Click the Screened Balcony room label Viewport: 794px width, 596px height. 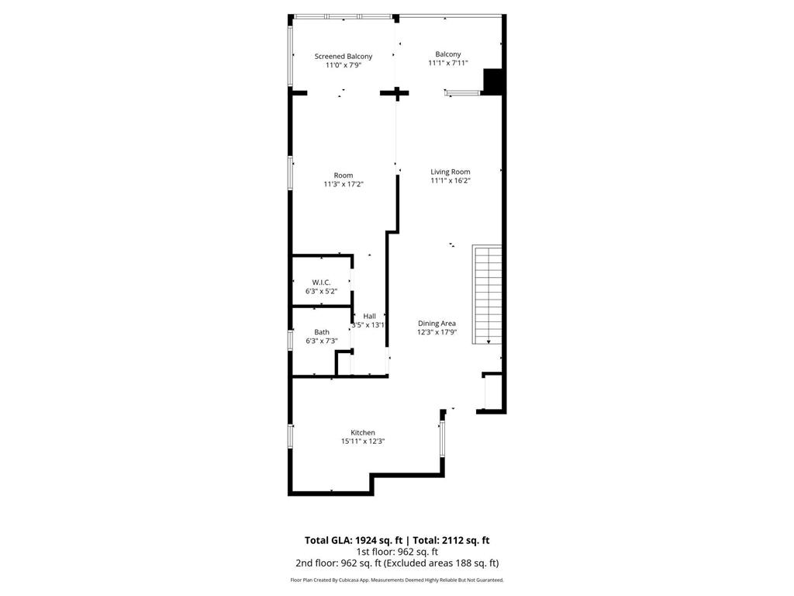pos(343,56)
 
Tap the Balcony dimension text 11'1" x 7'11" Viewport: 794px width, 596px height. pos(448,64)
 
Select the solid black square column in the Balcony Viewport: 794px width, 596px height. pos(493,81)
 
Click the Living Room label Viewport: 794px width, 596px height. pos(451,172)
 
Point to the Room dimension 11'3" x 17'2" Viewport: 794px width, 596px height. pos(343,185)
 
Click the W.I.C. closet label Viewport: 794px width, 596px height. pos(321,282)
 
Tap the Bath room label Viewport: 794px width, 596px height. pos(321,331)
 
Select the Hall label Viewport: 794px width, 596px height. pos(369,316)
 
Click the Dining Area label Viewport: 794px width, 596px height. pos(437,323)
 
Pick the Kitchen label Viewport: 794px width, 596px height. pos(363,432)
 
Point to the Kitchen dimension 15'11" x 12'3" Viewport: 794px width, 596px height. pos(363,442)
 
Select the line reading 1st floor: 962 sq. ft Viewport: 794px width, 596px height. pos(396,552)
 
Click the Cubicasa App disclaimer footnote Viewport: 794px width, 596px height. pos(396,580)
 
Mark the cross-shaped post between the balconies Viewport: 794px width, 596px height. pos(397,93)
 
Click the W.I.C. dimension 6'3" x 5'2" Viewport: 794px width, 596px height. pos(321,291)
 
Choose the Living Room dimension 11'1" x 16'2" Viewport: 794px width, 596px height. pos(451,181)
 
